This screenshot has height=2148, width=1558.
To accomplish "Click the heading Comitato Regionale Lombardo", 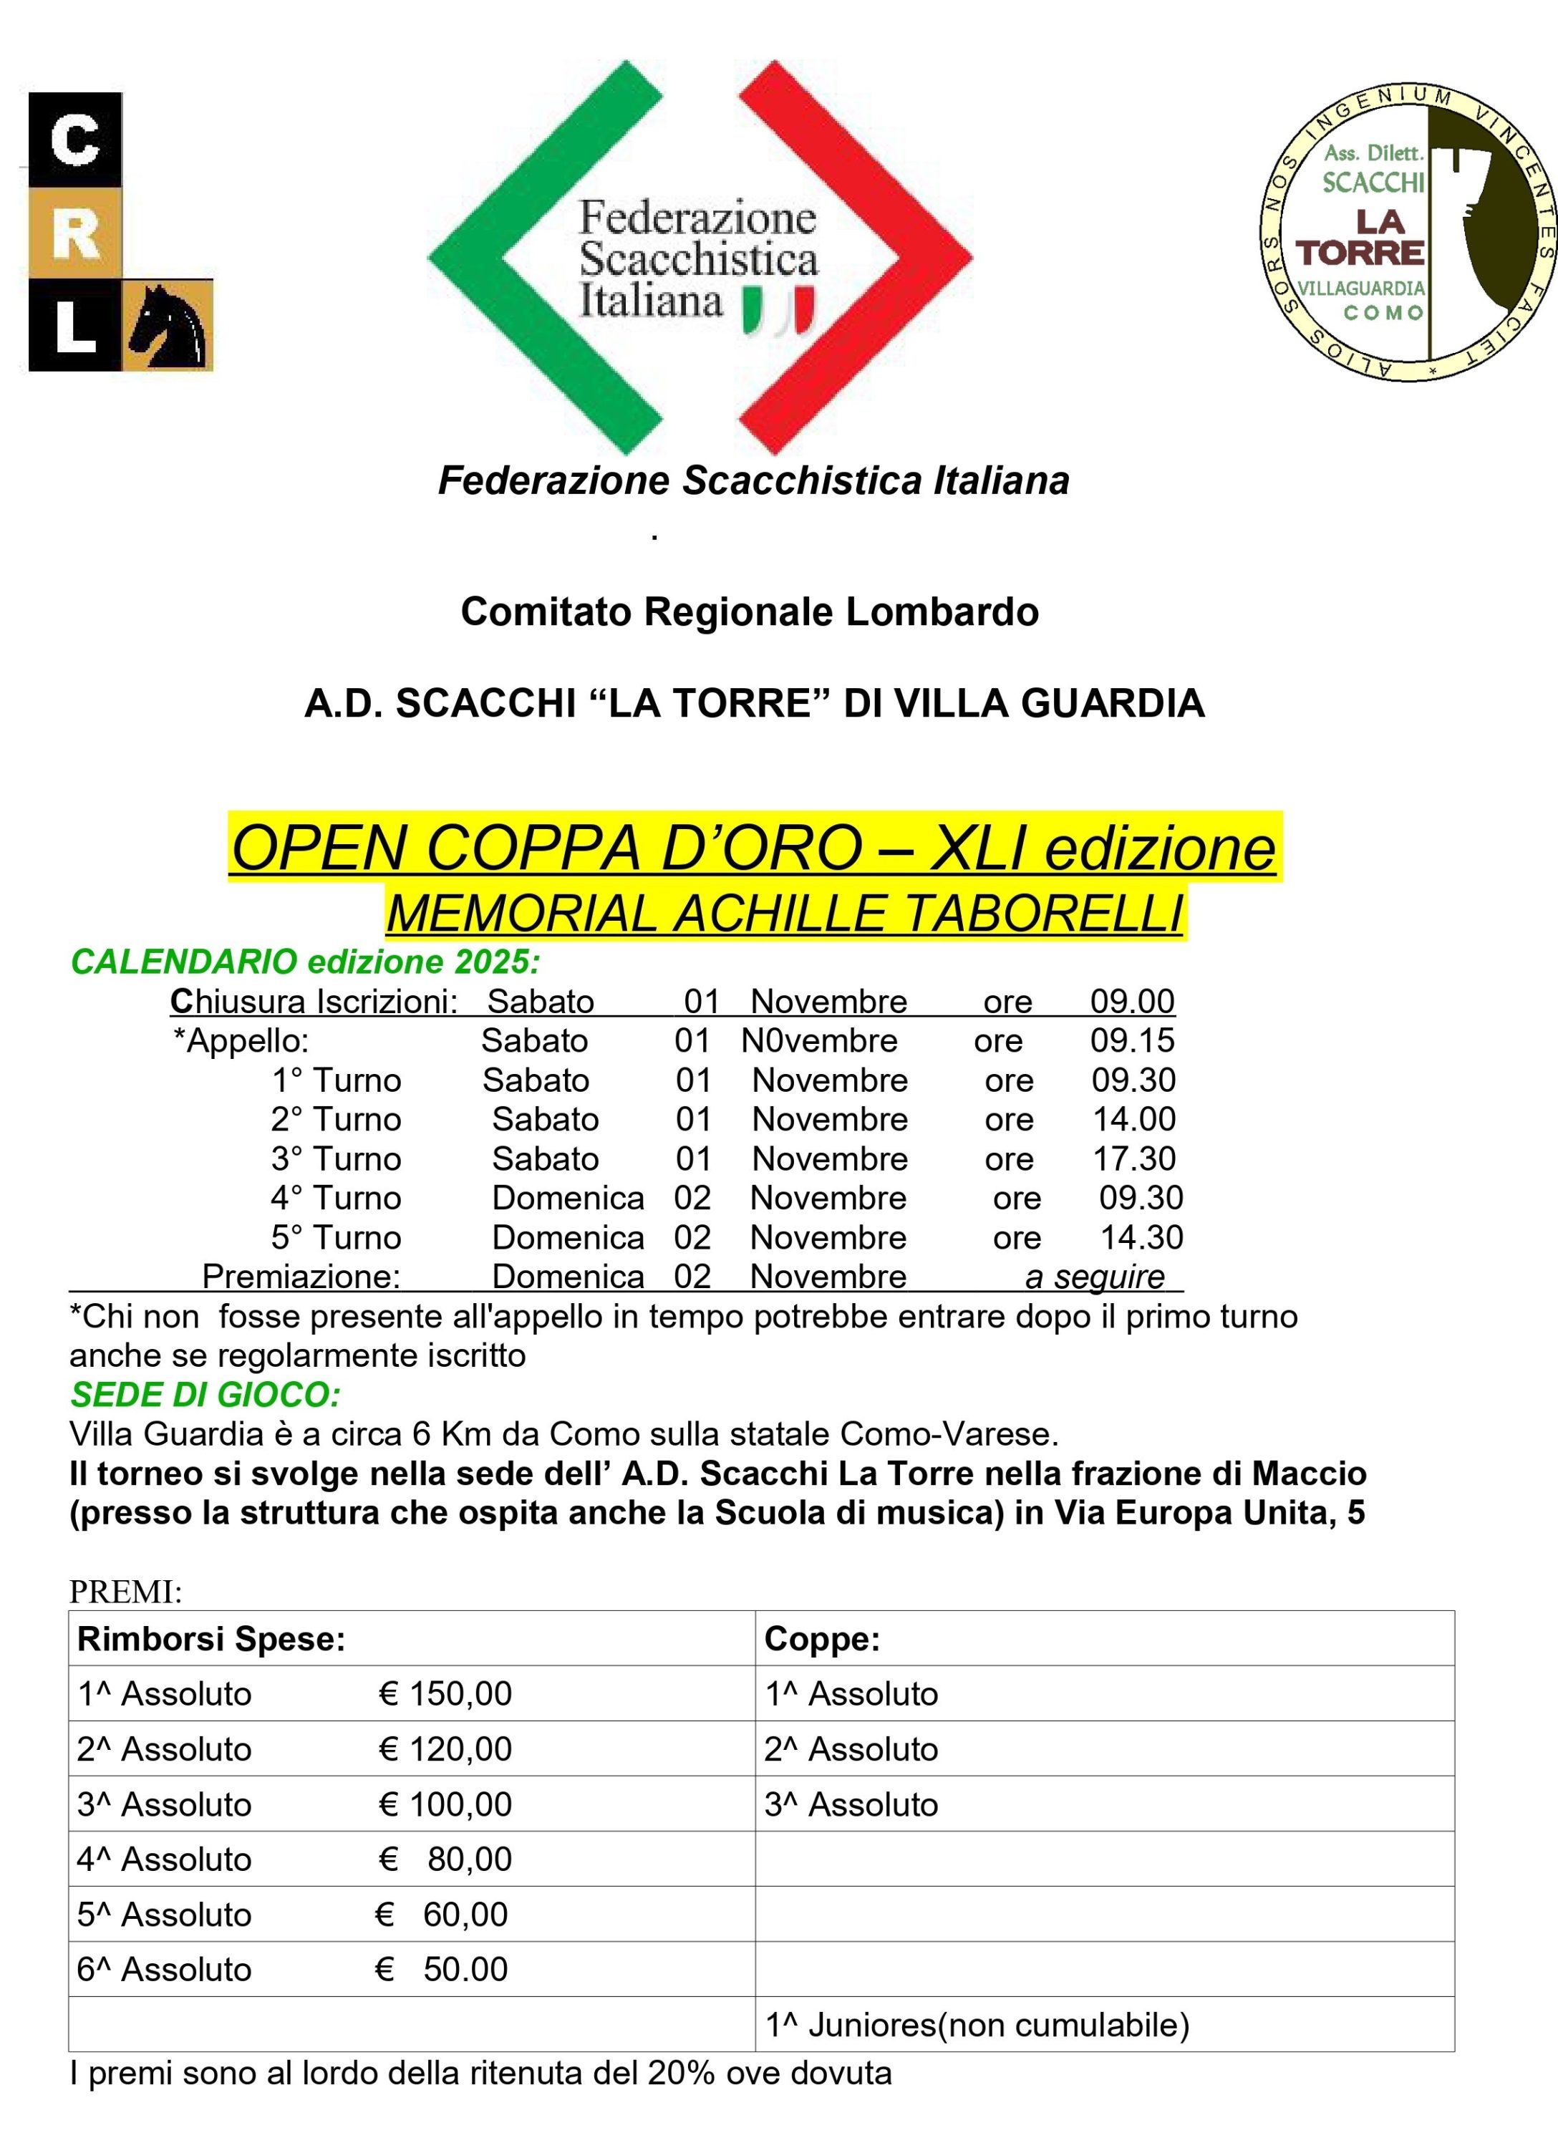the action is (x=749, y=611).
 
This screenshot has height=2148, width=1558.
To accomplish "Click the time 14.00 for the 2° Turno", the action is (x=1133, y=1119).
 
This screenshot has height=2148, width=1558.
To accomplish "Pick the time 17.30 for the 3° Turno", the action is (x=1133, y=1159).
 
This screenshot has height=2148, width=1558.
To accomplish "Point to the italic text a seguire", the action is (x=1094, y=1277).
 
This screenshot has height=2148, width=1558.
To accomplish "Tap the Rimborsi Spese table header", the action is (x=211, y=1640).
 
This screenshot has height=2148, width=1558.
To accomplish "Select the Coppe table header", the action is (x=822, y=1640).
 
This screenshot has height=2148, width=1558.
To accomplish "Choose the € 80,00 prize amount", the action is (x=445, y=1859).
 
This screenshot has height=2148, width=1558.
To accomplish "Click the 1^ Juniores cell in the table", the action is (x=977, y=2025).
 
